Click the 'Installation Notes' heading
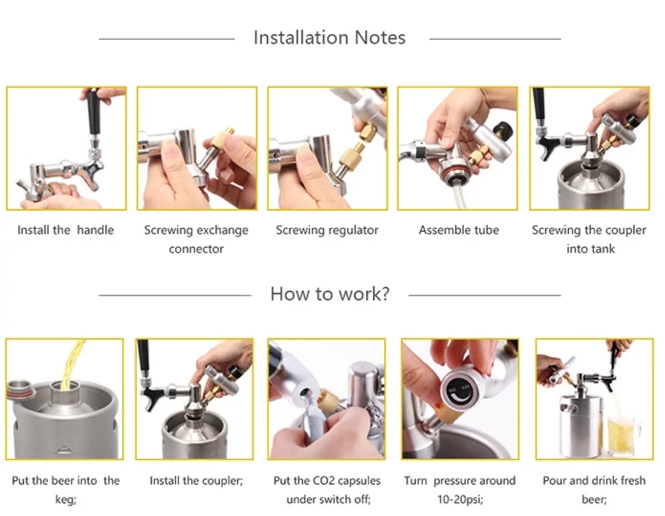330,38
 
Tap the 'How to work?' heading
330,294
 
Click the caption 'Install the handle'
66,230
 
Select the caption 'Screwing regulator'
327,230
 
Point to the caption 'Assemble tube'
459,230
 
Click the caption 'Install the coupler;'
196,481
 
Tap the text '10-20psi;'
460,499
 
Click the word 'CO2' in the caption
324,481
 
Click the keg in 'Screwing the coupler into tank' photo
590,187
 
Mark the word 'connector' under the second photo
196,248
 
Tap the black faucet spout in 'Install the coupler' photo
149,399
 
